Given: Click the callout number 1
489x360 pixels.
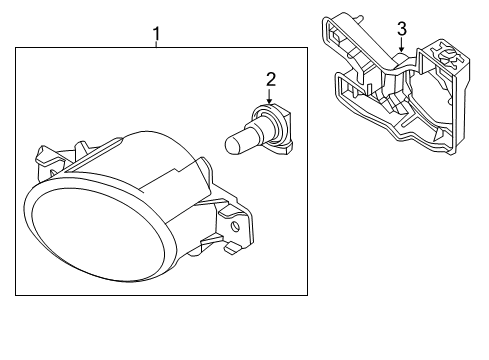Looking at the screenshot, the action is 156,34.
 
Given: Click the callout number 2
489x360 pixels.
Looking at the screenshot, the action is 271,80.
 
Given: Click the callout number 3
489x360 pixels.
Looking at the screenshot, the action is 402,29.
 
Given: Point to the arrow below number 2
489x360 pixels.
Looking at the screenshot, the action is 269,96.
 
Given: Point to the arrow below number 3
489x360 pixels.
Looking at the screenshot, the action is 402,44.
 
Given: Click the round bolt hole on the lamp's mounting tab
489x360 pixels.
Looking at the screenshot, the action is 236,227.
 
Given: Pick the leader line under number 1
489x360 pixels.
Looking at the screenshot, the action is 156,44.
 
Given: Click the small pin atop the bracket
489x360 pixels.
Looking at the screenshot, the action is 359,18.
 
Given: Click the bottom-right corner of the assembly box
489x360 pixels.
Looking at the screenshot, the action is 307,295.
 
